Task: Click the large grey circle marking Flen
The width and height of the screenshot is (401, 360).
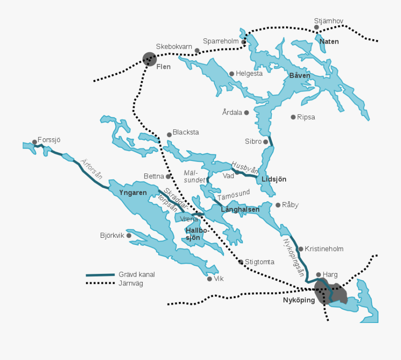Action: click(x=150, y=58)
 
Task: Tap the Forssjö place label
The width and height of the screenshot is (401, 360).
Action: click(x=49, y=140)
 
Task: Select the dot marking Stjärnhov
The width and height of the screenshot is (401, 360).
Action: click(x=316, y=27)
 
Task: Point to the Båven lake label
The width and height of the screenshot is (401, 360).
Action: click(x=299, y=75)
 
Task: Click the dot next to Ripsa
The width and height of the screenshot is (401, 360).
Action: click(x=293, y=117)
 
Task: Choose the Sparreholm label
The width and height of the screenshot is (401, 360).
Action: click(x=221, y=41)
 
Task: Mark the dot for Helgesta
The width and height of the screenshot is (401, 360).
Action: click(x=232, y=74)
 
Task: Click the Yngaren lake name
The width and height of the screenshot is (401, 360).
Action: click(x=133, y=193)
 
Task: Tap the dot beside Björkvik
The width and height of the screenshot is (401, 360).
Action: click(x=129, y=235)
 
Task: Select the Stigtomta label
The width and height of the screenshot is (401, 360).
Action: click(x=259, y=262)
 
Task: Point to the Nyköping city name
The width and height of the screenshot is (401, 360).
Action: click(x=299, y=300)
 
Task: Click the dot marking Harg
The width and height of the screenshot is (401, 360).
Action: click(x=319, y=275)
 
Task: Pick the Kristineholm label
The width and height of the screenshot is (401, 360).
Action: click(x=324, y=249)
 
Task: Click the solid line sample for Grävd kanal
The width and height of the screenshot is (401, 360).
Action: click(x=100, y=275)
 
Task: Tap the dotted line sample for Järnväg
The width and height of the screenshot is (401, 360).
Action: click(x=100, y=283)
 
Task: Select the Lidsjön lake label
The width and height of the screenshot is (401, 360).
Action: click(x=274, y=179)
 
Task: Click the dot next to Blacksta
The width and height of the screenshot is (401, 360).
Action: click(x=169, y=134)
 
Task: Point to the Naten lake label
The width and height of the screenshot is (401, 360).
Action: click(x=329, y=41)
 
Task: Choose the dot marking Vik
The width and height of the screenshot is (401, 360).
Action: click(x=209, y=279)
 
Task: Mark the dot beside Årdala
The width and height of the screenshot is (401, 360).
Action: click(x=246, y=112)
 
